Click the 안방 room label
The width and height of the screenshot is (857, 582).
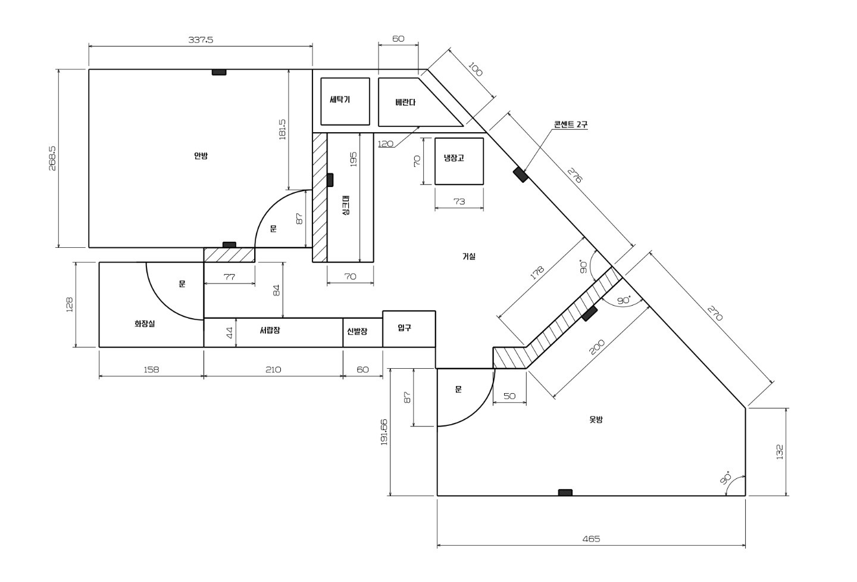(201, 156)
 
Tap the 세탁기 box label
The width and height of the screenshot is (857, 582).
(340, 100)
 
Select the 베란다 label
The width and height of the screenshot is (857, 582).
(405, 102)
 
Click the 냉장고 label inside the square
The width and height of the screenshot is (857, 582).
(453, 157)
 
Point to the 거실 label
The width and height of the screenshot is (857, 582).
(469, 257)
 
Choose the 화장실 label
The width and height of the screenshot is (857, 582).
(145, 324)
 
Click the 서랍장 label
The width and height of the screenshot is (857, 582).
(270, 330)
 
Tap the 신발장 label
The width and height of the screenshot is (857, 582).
(357, 332)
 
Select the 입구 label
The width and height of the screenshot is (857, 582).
(405, 328)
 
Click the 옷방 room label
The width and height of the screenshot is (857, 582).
(596, 419)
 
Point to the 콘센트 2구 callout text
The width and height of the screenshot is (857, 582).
(570, 125)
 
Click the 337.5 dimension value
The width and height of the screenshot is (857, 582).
(201, 40)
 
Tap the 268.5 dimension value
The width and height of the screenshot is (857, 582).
(52, 158)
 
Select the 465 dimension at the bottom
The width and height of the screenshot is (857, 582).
(591, 539)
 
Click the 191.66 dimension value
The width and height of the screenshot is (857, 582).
(384, 432)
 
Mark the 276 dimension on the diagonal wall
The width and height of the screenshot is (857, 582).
(574, 175)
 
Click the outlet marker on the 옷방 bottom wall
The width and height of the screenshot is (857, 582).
(565, 493)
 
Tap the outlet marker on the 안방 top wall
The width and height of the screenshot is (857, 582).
(219, 72)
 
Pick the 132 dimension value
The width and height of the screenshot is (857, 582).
(780, 452)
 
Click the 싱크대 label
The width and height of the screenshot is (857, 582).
(346, 206)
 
